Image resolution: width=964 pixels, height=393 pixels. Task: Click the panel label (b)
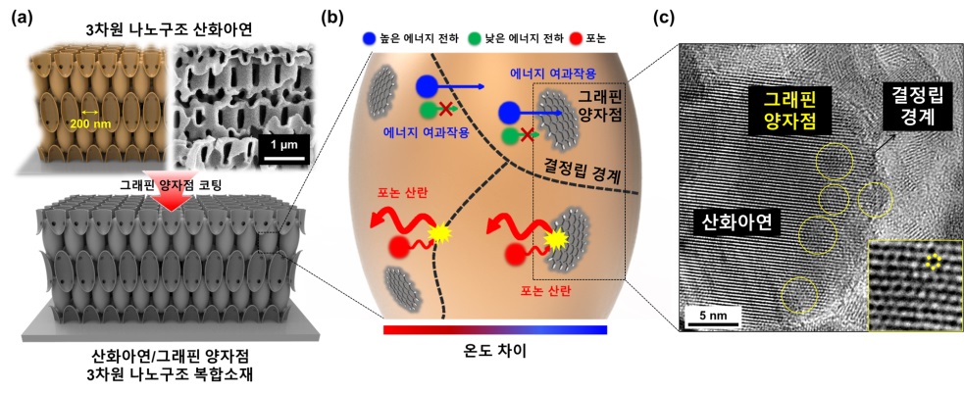333,17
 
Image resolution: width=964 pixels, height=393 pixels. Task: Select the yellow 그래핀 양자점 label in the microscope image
789,109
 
